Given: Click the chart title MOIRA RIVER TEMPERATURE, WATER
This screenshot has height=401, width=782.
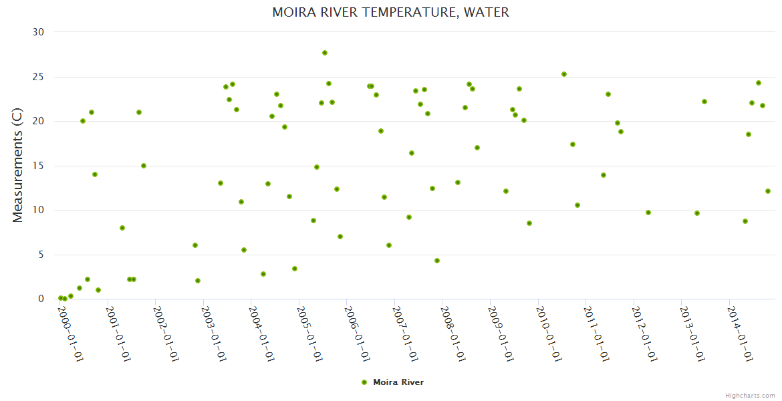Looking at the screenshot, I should coord(390,13).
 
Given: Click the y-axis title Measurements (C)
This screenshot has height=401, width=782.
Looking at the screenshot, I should coord(18,166).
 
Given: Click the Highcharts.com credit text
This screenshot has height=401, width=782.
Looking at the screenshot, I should coord(750,395).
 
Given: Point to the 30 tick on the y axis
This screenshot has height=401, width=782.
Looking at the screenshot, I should coord(38,32).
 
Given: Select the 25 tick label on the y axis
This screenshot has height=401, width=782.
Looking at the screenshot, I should coord(38,77).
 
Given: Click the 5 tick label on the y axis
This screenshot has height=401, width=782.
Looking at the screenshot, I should coord(41,255).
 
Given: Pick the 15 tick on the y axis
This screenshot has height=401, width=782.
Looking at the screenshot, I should coord(38,166).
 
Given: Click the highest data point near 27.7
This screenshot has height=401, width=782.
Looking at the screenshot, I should coord(325,53).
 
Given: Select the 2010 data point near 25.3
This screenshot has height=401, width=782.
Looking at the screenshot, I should coord(564,74).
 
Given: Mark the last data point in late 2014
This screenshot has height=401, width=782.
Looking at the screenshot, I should coord(768,191).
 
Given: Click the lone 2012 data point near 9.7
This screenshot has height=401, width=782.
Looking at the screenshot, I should coord(648,213).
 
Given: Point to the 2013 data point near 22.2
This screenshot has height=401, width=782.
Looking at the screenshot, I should coord(704,102).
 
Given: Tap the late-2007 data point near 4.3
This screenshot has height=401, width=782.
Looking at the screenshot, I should coord(437,261).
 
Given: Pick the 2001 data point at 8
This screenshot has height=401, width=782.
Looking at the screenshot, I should coord(122,228).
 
